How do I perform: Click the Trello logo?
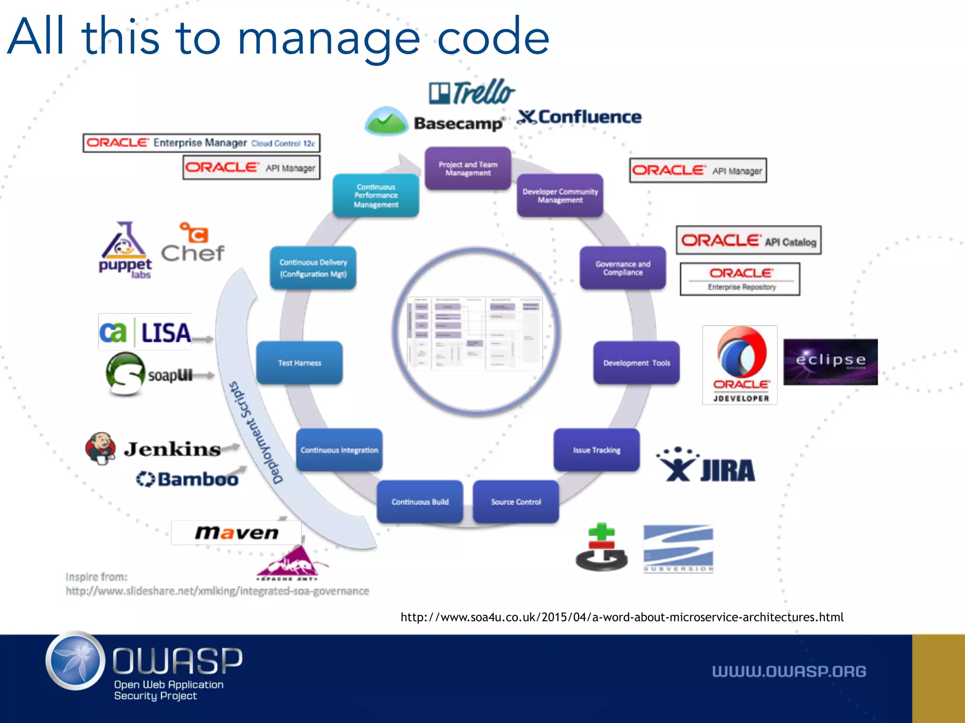tap(472, 92)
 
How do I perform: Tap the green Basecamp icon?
tap(386, 121)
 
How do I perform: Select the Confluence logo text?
tap(580, 117)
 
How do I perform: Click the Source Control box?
tap(516, 502)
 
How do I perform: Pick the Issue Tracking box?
tap(597, 450)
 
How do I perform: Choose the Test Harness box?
tap(299, 363)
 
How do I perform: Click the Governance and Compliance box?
tap(622, 268)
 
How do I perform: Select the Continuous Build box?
tap(420, 502)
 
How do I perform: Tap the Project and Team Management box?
tap(468, 169)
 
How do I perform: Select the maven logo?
tap(237, 533)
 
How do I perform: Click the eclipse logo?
tap(830, 361)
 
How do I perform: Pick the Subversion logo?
tap(678, 549)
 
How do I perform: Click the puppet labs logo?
tap(125, 251)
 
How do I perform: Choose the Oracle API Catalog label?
tap(748, 241)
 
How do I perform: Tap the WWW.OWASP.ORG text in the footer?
tap(789, 671)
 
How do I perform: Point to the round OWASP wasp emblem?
tap(75, 661)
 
